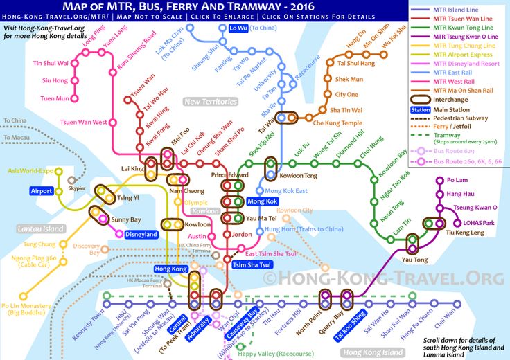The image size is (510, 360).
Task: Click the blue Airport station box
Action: (41, 191)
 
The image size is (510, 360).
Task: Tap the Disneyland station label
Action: (141, 234)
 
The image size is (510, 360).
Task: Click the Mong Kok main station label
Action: (262, 201)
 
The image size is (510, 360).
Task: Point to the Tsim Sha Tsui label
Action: (251, 266)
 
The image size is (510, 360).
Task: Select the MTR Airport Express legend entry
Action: (461, 55)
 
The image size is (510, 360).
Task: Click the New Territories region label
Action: (211, 102)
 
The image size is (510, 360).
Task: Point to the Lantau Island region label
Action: (41, 228)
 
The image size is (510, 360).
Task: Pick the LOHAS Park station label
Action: (479, 223)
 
